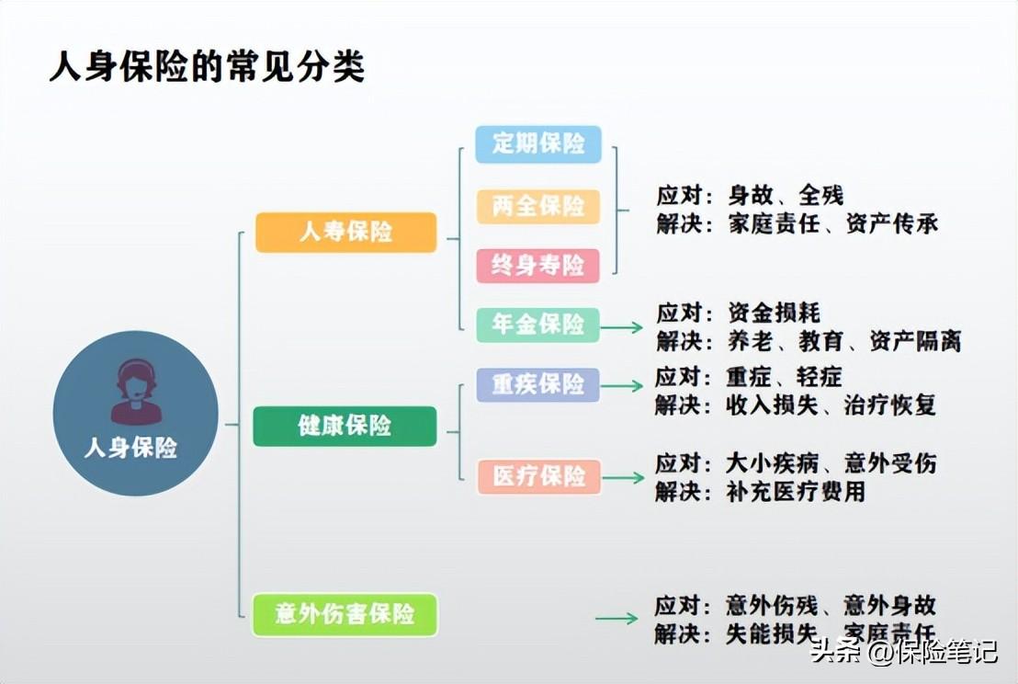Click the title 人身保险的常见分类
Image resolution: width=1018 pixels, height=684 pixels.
[x=207, y=67]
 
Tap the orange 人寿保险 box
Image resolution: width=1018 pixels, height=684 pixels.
[x=345, y=232]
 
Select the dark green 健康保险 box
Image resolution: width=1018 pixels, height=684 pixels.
[x=345, y=426]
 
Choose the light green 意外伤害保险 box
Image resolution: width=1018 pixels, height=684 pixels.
[x=345, y=614]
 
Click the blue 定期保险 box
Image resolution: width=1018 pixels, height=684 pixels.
[x=538, y=143]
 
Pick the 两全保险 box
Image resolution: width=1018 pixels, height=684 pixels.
[x=538, y=207]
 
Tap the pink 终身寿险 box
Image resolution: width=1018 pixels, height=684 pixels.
[x=538, y=265]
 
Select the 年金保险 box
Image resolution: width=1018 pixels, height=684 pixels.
[x=538, y=325]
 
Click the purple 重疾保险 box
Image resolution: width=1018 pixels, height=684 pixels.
[x=538, y=384]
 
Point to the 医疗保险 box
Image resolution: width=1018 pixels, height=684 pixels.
[x=539, y=476]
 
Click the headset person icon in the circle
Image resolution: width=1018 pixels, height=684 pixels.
[x=136, y=392]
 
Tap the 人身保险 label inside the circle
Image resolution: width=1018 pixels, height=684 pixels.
[x=131, y=448]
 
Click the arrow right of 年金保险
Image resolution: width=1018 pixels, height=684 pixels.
[x=621, y=327]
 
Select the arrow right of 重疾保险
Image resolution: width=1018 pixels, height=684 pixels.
[x=621, y=386]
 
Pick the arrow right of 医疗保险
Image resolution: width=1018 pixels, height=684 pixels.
[x=623, y=478]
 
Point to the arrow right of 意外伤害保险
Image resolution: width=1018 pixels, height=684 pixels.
[x=616, y=619]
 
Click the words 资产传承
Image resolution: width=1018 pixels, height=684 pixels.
[x=892, y=224]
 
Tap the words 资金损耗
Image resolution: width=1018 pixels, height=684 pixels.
[x=774, y=313]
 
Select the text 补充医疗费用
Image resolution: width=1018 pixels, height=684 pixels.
[x=796, y=492]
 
